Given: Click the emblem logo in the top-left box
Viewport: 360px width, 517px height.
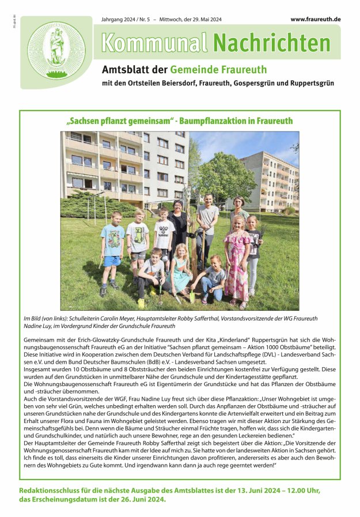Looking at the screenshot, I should click(x=56, y=51).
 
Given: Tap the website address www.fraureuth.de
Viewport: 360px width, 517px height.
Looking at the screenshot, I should click(x=315, y=19).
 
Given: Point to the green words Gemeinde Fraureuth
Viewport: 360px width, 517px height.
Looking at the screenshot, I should click(x=218, y=70).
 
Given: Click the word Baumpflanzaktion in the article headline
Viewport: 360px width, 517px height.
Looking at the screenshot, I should click(x=214, y=121).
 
